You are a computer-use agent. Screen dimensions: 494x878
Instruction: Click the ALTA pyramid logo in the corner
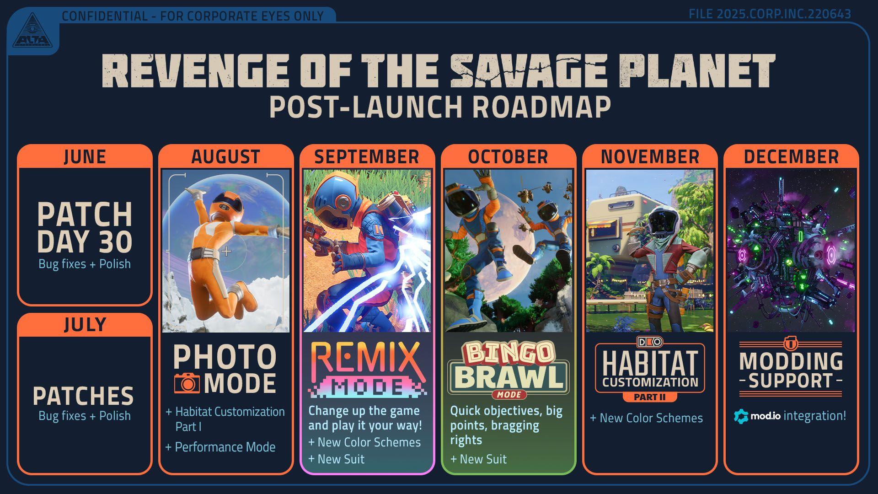(32, 31)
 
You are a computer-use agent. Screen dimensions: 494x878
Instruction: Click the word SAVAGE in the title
(529, 71)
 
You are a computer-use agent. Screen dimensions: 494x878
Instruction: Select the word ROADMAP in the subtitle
(541, 107)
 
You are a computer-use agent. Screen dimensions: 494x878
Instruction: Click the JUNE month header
(85, 157)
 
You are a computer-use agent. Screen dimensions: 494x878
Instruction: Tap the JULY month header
(85, 325)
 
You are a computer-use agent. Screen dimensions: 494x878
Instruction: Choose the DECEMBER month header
(791, 157)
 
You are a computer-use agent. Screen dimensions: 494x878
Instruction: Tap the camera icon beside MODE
(187, 383)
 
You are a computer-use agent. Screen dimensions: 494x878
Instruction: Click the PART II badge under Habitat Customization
(649, 397)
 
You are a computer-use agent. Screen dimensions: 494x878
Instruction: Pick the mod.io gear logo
(741, 416)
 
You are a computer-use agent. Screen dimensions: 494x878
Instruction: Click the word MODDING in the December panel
(791, 361)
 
